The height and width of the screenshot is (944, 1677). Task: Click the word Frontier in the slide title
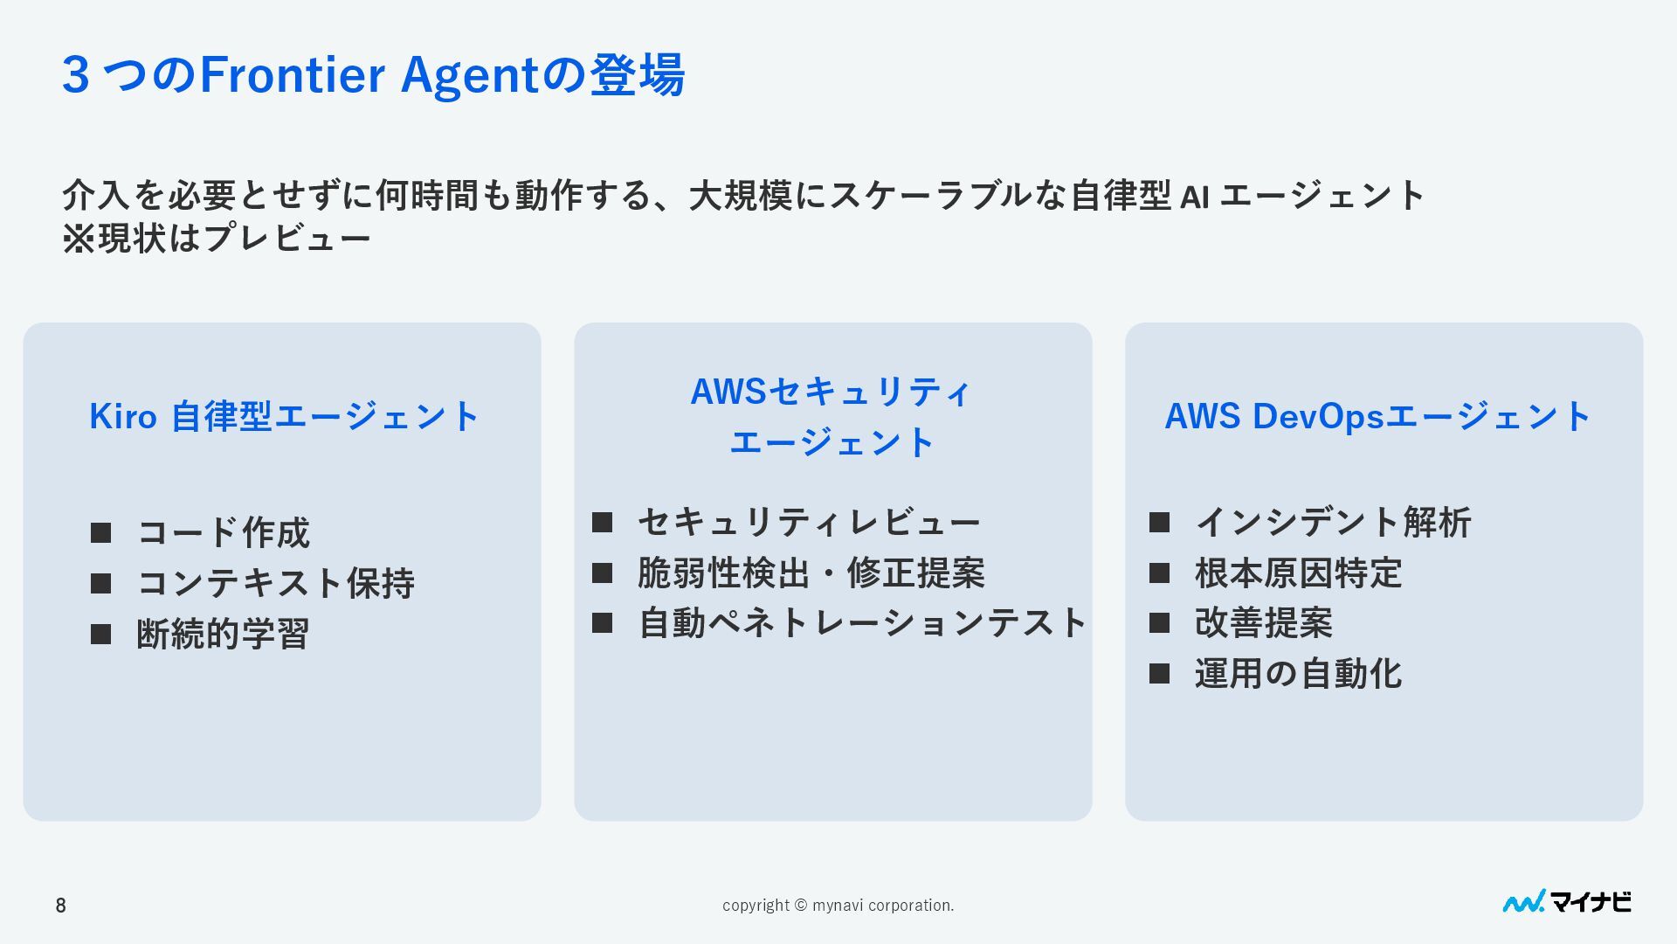(x=293, y=75)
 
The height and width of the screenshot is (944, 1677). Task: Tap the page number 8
(x=60, y=906)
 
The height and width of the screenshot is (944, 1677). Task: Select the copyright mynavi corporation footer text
(x=838, y=906)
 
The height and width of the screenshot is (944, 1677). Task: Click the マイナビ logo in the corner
(x=1567, y=902)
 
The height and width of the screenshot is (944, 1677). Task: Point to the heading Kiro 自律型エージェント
(x=284, y=417)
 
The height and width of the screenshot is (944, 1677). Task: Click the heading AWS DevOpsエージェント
(x=1377, y=417)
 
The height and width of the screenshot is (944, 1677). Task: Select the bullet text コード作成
(x=224, y=532)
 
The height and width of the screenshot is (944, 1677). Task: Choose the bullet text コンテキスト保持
(x=275, y=583)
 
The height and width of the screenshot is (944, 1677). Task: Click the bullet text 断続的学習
(x=223, y=634)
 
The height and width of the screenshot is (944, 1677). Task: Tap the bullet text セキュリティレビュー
(x=809, y=523)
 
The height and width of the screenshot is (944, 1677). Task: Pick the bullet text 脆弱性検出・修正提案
(x=811, y=573)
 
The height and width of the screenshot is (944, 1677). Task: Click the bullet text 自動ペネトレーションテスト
(x=862, y=623)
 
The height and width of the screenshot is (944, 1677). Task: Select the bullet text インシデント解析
(x=1333, y=523)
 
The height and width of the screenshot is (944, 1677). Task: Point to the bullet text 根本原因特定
(x=1298, y=573)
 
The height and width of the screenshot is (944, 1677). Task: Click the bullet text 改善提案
(x=1263, y=623)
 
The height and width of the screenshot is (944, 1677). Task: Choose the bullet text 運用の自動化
(x=1298, y=674)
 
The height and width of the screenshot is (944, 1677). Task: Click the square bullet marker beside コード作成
(x=101, y=532)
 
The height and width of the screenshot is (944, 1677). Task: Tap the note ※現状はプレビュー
(x=217, y=238)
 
